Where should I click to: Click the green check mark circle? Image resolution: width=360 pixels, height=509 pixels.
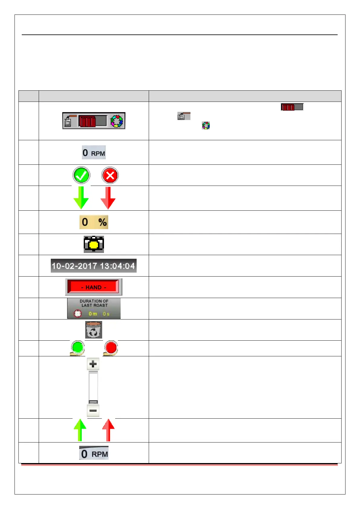[81, 175]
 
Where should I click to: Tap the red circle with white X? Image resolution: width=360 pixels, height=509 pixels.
[110, 175]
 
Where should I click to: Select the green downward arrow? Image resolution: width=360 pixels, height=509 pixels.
[81, 198]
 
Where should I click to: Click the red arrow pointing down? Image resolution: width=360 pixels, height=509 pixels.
[108, 198]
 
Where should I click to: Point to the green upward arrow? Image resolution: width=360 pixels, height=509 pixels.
[80, 430]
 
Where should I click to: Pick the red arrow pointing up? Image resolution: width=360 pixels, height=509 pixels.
[108, 430]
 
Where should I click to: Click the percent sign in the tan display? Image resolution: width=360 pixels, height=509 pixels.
[102, 222]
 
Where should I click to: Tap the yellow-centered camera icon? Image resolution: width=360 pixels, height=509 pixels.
[94, 244]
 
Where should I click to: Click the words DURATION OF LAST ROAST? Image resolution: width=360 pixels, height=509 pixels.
[94, 303]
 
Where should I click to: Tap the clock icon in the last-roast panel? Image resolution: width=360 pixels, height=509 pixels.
[78, 314]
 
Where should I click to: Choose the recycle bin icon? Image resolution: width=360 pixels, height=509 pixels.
[94, 330]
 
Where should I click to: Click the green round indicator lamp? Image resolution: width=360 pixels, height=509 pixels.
[78, 347]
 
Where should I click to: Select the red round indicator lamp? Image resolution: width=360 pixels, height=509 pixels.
[111, 347]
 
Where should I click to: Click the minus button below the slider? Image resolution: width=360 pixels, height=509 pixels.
[93, 410]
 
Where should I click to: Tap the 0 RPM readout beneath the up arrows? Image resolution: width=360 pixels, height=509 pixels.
[94, 453]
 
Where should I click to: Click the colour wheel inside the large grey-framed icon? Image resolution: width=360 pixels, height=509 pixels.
[116, 121]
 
